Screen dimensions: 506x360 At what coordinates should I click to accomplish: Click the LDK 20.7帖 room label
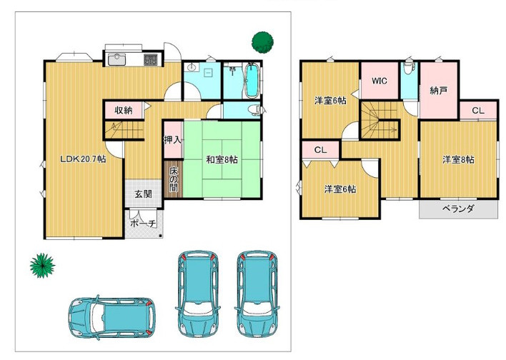(x=83, y=159)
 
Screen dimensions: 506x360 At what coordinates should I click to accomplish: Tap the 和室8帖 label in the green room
(x=222, y=159)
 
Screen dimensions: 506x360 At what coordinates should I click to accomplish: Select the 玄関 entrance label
(x=143, y=194)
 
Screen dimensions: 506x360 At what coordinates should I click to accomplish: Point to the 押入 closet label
(x=173, y=140)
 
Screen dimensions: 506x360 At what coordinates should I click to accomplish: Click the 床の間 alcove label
(x=174, y=179)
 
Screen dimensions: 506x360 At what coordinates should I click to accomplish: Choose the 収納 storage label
(x=124, y=110)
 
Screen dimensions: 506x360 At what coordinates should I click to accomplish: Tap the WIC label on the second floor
(x=379, y=81)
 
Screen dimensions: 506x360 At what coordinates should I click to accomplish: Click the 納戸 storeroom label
(x=439, y=91)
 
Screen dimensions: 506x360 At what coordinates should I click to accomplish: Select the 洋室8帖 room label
(x=458, y=159)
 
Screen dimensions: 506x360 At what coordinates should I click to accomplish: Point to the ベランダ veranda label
(x=458, y=209)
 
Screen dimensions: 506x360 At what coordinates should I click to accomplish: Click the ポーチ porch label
(x=143, y=223)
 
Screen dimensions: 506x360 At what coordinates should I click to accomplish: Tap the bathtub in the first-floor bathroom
(x=252, y=81)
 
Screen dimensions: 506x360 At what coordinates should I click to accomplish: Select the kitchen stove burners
(x=150, y=60)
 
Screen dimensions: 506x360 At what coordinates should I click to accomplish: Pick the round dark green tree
(x=262, y=42)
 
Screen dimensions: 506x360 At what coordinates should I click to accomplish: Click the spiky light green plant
(x=42, y=266)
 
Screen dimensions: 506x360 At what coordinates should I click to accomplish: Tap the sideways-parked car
(x=112, y=318)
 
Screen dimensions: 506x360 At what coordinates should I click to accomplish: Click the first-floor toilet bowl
(x=255, y=110)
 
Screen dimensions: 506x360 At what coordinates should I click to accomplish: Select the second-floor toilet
(x=410, y=69)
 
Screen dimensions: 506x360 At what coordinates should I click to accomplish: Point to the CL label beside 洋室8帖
(x=478, y=111)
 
